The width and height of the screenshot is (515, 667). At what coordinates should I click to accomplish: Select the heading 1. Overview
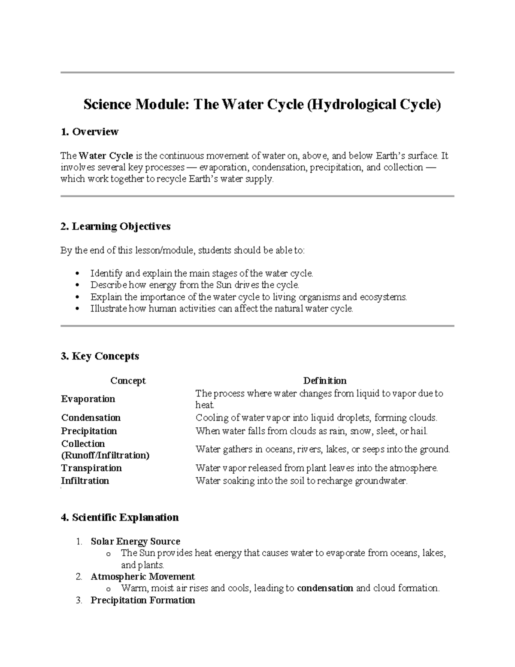(90, 132)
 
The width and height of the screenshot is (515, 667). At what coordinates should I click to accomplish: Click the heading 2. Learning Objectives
(115, 226)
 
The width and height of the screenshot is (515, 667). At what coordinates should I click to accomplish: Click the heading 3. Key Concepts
(100, 356)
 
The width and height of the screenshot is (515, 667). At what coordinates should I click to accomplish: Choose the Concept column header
(128, 381)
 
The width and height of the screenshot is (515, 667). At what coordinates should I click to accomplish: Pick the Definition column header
(325, 381)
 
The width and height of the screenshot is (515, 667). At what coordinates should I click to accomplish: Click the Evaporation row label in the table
(88, 399)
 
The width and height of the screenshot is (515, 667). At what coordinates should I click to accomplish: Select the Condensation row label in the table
(91, 418)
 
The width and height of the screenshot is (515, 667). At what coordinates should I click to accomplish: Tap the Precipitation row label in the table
(89, 431)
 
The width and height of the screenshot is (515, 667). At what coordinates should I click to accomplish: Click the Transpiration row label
(91, 468)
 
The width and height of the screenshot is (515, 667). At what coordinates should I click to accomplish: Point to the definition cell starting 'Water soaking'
(301, 481)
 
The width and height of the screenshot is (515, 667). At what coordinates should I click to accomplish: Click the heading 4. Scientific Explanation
(120, 518)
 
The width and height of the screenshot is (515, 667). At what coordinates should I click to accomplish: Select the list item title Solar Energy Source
(135, 541)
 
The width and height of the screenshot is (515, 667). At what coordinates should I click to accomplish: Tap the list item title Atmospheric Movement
(142, 576)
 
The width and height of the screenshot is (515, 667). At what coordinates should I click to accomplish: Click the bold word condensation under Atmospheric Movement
(325, 588)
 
